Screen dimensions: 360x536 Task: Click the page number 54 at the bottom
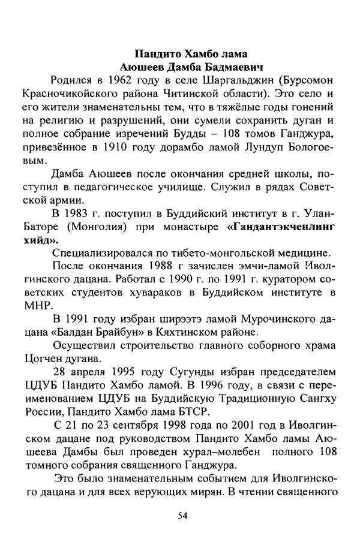(x=183, y=514)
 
